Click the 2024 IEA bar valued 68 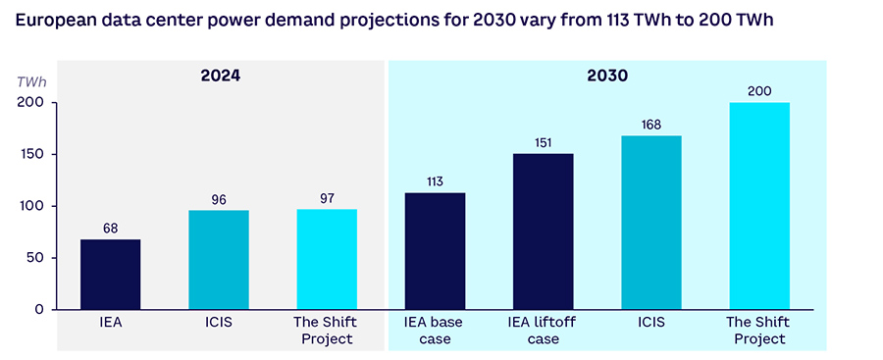coord(110,275)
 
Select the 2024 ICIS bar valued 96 coord(219,260)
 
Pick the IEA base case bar coord(435,251)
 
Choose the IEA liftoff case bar coord(543,231)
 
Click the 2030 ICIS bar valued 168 coord(651,223)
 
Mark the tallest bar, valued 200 coord(759,206)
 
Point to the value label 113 coord(435,181)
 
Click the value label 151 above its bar coord(543,142)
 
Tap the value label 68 coord(110,229)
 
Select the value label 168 coord(651,125)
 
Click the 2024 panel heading coord(220,76)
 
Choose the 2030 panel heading coord(608,76)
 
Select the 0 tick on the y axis coord(40,310)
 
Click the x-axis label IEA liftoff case coord(543,331)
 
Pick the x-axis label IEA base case coord(435,331)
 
